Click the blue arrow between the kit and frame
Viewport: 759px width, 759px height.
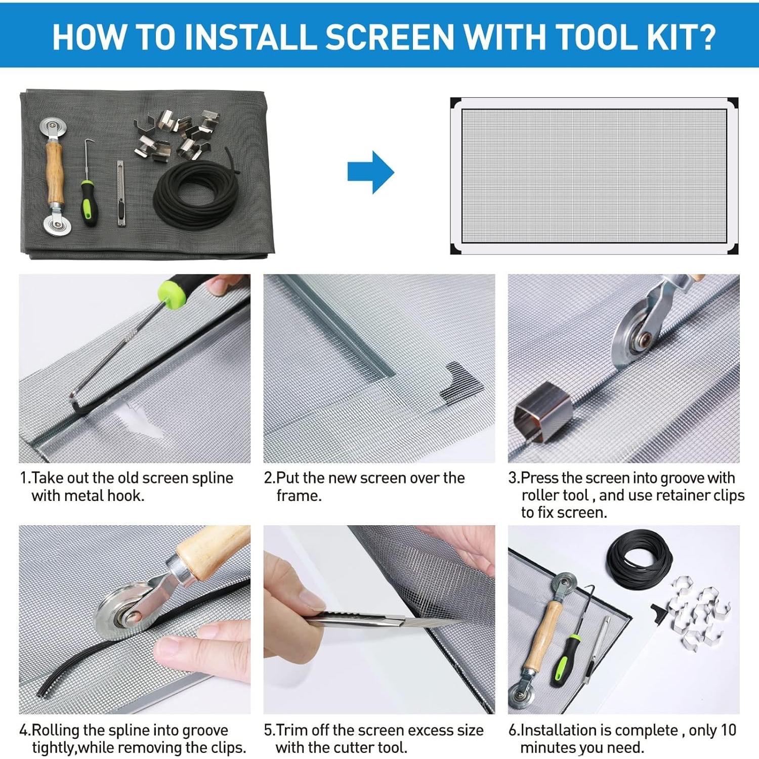pyautogui.click(x=370, y=172)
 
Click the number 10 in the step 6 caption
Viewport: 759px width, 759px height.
pyautogui.click(x=728, y=730)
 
